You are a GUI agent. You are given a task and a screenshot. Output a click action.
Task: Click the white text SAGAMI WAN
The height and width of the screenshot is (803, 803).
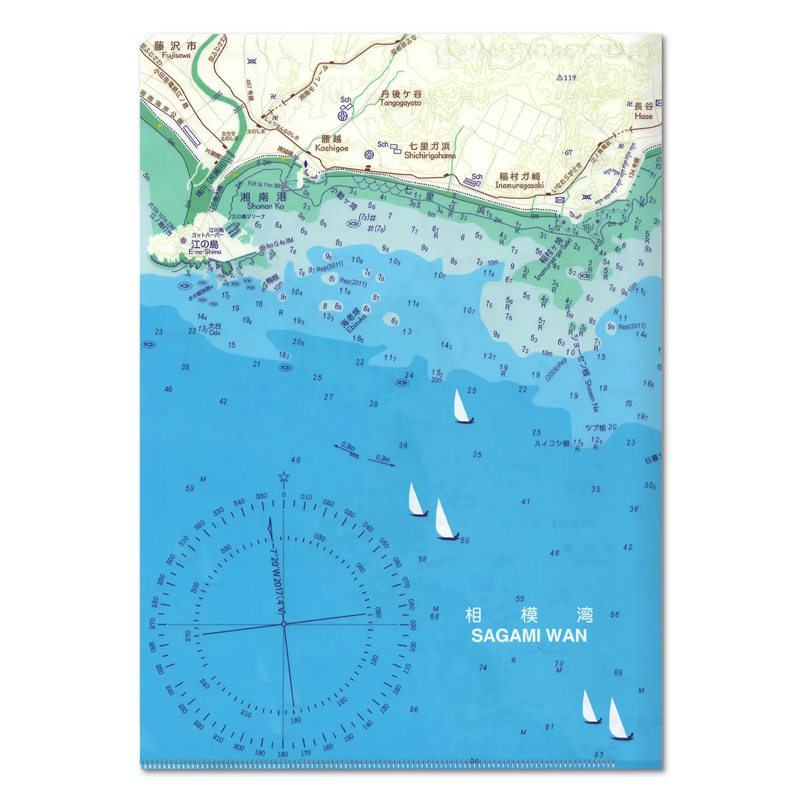529,635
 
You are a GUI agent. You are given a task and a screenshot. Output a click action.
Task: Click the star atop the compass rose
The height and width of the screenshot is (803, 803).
284,479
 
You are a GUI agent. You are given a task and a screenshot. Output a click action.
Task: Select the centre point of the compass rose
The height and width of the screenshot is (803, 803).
284,624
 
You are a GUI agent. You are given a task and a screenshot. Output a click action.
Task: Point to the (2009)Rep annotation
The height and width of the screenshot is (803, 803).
556,370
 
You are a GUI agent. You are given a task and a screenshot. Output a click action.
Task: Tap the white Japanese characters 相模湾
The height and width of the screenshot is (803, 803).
529,614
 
